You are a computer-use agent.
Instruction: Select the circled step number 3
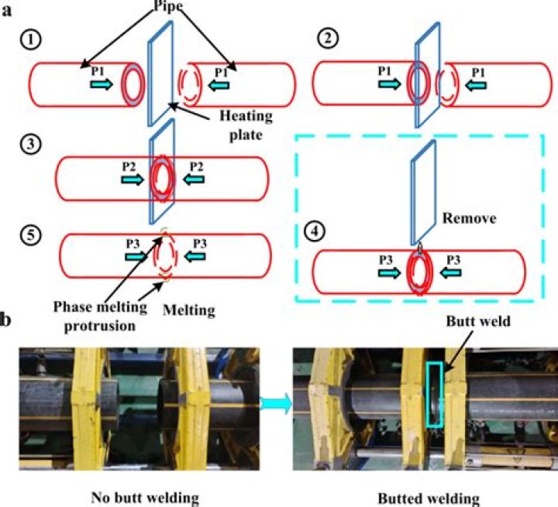pos(32,144)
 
